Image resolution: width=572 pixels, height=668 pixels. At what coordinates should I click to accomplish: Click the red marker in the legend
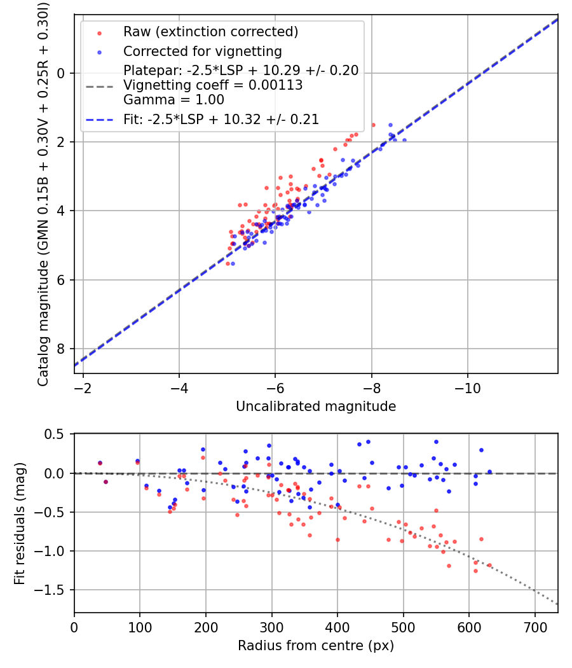[100, 33]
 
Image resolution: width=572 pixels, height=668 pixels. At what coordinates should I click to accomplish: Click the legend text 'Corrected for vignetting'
[203, 52]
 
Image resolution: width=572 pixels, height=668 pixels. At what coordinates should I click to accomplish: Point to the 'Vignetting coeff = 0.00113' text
[213, 85]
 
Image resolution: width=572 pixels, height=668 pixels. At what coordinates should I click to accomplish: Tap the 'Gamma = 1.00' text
[174, 100]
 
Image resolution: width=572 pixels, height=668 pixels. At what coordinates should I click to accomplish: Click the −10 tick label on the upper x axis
[467, 388]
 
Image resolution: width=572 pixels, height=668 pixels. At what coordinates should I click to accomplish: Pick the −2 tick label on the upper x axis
[83, 388]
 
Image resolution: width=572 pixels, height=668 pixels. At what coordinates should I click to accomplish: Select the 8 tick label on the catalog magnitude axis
[60, 349]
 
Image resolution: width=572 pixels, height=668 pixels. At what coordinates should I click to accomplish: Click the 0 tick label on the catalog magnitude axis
[60, 73]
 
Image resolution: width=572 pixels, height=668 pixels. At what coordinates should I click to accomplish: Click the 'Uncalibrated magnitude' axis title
[316, 407]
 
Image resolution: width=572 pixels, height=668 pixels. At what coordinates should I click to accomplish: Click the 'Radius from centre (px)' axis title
[316, 646]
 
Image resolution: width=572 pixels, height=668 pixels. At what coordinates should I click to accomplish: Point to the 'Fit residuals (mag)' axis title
[20, 523]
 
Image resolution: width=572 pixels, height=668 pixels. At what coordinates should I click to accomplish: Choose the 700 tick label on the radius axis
[535, 627]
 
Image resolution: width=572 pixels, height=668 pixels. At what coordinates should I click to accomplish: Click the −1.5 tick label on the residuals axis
[49, 590]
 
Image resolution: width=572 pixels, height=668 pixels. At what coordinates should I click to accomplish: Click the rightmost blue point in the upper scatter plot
[404, 140]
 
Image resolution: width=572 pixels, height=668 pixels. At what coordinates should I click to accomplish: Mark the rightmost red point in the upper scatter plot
[373, 125]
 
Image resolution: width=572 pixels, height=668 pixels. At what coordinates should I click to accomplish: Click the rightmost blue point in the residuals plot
[489, 471]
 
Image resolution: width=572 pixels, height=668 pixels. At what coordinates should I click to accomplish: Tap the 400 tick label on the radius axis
[337, 627]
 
